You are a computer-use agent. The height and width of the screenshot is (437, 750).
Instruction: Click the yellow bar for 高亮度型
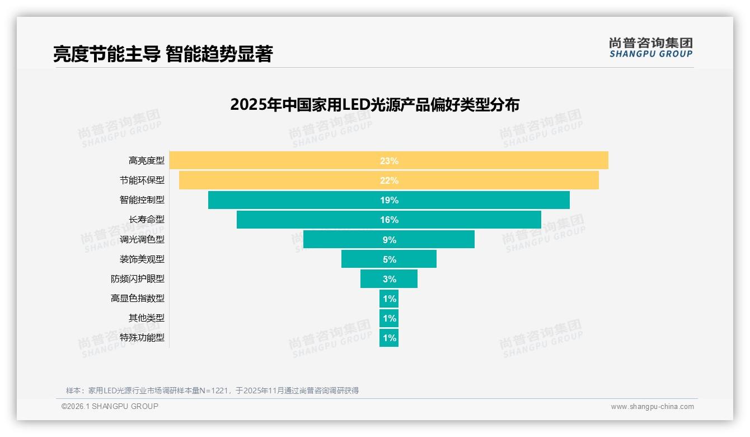[x=280, y=160]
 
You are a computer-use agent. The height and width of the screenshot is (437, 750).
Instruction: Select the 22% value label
[x=389, y=180]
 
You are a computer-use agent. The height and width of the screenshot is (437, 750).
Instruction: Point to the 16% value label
[x=389, y=220]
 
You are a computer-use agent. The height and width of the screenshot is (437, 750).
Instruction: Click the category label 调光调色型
[x=142, y=239]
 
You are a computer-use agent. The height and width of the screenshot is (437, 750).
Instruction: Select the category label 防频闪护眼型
[x=138, y=278]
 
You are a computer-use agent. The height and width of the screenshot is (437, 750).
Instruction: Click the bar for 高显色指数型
[x=389, y=299]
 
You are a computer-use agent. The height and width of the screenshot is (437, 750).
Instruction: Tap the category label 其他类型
[x=147, y=318]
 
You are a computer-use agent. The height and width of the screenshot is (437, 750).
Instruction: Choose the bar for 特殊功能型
[x=389, y=338]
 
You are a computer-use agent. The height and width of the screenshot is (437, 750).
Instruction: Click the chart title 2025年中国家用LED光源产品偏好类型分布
[x=374, y=105]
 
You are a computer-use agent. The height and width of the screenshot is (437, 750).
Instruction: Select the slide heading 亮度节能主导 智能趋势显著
[x=162, y=54]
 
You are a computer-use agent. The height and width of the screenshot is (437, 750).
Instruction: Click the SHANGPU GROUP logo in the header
[x=650, y=48]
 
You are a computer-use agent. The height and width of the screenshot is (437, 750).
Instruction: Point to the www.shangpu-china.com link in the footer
[x=652, y=407]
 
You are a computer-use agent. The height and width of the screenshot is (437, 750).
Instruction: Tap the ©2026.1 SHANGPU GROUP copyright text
[x=110, y=406]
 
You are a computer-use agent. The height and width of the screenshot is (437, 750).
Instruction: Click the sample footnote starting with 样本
[x=212, y=390]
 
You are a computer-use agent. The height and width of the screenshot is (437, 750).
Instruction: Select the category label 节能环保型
[x=142, y=180]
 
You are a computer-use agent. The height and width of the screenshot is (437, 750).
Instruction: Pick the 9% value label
[x=389, y=240]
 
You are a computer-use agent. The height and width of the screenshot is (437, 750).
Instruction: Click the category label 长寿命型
[x=147, y=220]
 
